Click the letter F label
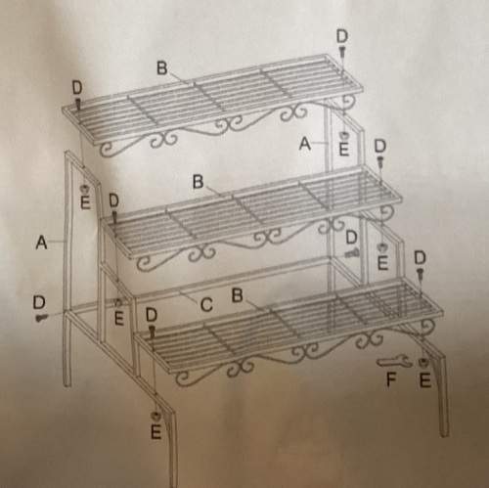[391, 379]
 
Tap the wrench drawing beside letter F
[392, 361]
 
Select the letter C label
[206, 305]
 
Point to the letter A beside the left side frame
[41, 243]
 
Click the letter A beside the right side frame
[305, 144]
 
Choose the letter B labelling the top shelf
[162, 68]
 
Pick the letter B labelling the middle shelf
[198, 182]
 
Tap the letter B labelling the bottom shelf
[237, 295]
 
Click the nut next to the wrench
[423, 362]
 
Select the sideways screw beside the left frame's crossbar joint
[42, 317]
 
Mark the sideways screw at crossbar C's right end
[352, 252]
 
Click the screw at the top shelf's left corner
[78, 104]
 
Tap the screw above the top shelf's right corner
[342, 53]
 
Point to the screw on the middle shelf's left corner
[114, 217]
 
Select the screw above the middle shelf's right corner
[380, 162]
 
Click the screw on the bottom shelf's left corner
[152, 332]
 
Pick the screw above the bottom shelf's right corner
[421, 274]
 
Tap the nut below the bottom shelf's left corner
[156, 417]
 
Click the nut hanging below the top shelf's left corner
[85, 189]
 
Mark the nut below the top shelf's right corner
[343, 135]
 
